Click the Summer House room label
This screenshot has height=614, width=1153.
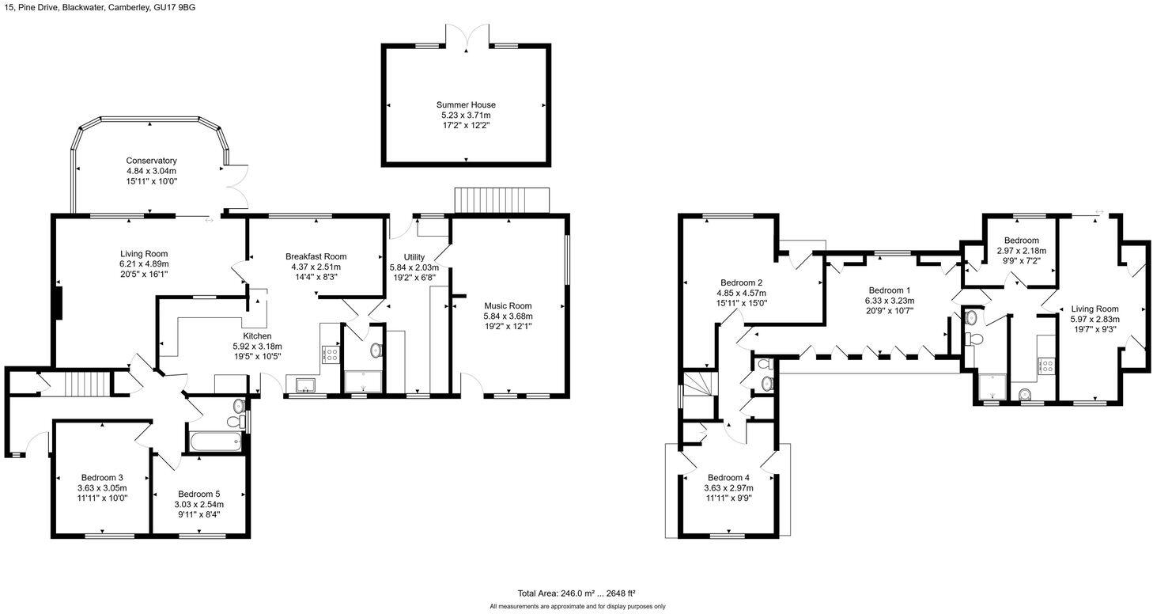coord(466,104)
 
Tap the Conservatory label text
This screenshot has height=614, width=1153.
coord(151,161)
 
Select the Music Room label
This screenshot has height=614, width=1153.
coord(508,306)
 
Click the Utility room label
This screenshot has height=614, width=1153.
coord(414,257)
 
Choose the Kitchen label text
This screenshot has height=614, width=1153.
coord(257,336)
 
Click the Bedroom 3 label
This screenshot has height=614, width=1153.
coord(102,478)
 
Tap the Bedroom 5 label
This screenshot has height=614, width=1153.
coord(198,494)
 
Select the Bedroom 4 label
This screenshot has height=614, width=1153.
coord(728,478)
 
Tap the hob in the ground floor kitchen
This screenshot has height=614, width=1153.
coord(331,354)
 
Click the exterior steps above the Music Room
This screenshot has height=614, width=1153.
coord(501,200)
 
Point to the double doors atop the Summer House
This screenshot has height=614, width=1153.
coord(466,36)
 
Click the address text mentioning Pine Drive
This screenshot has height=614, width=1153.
coord(98,7)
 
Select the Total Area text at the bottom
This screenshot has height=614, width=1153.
coord(576,593)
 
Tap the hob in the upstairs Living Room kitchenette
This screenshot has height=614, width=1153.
coord(1046,366)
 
